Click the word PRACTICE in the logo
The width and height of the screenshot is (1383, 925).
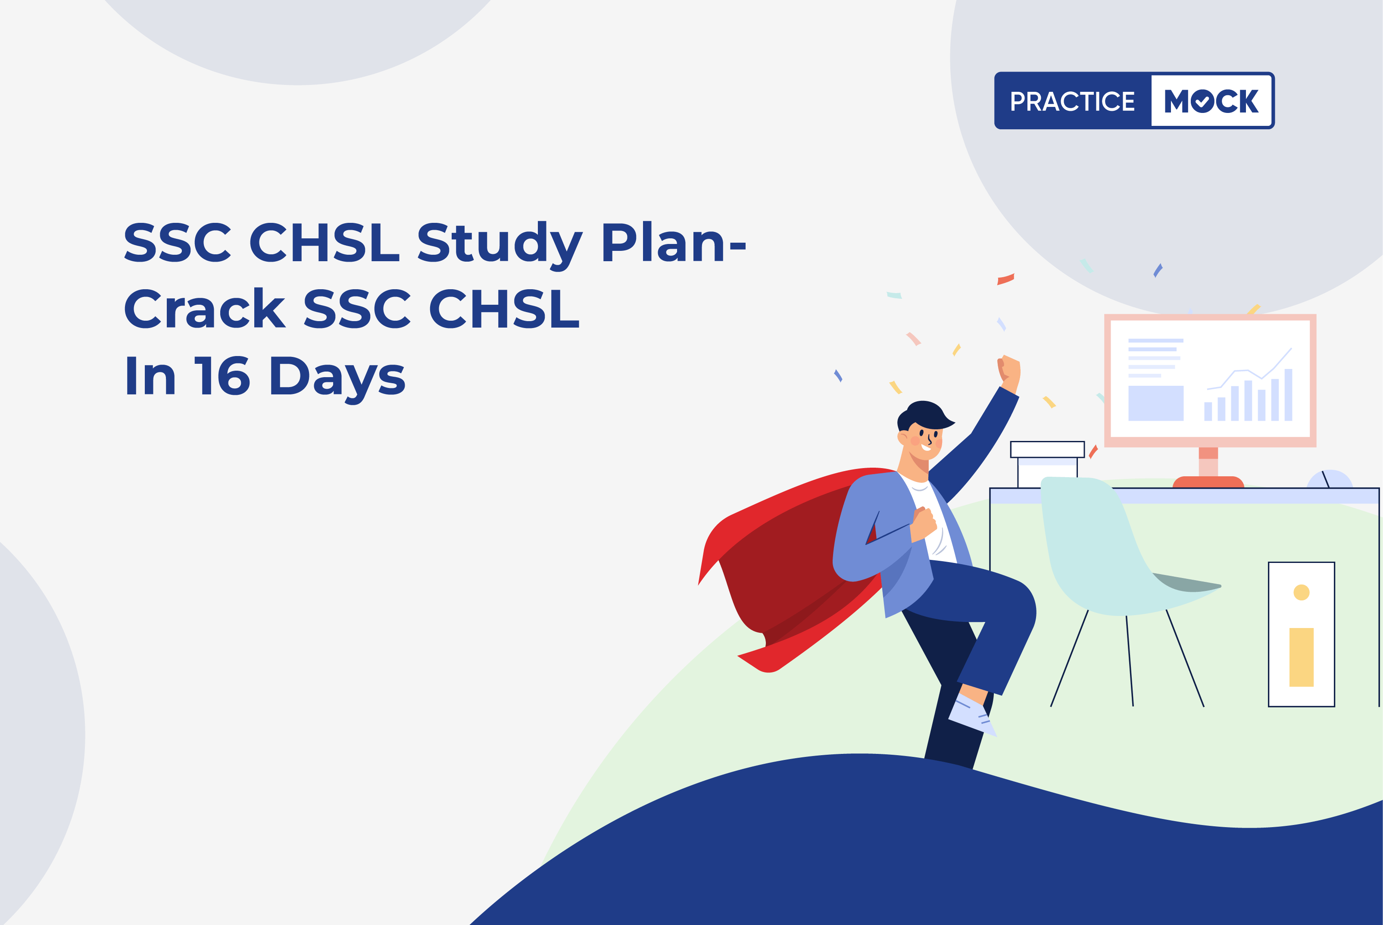point(1072,101)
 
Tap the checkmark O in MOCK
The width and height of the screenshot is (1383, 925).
point(1202,101)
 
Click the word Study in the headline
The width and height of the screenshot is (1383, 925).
point(500,242)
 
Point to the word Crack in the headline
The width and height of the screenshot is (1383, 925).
point(205,307)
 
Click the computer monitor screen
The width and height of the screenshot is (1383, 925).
point(1210,379)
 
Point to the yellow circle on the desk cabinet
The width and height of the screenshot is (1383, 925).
point(1302,592)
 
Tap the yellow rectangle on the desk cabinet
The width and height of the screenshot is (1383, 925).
point(1302,657)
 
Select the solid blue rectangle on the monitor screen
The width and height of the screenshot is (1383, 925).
point(1155,403)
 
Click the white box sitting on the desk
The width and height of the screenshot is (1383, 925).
point(1047,464)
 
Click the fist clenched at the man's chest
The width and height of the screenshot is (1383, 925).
point(924,523)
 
